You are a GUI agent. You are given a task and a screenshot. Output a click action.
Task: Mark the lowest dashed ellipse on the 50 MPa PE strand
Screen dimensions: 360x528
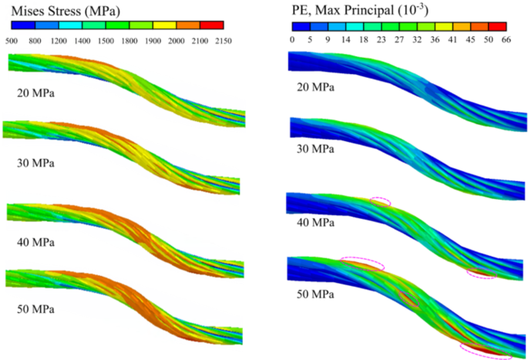click(x=486, y=351)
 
